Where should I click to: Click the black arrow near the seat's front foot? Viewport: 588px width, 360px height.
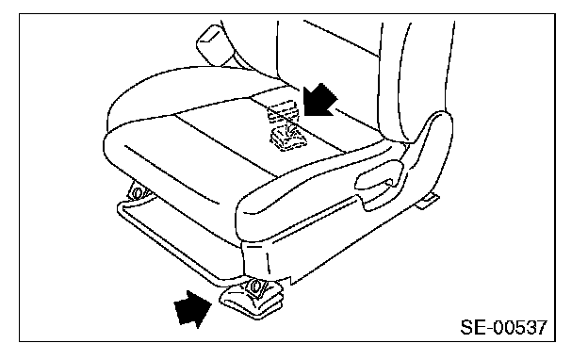pos(192,308)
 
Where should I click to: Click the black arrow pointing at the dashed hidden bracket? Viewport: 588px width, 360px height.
pos(318,100)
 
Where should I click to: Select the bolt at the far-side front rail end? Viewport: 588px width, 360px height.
pos(137,193)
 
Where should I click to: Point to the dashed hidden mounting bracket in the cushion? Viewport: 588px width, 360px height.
pos(286,127)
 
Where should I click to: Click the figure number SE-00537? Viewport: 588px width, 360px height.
pos(503,327)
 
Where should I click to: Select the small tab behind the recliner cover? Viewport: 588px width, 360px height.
pos(427,202)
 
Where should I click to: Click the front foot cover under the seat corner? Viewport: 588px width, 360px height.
pos(252,300)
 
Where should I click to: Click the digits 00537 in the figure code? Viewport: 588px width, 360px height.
pos(520,327)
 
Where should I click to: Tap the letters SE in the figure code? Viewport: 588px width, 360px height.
pos(472,327)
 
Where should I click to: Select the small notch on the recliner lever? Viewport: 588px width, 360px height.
pos(389,183)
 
